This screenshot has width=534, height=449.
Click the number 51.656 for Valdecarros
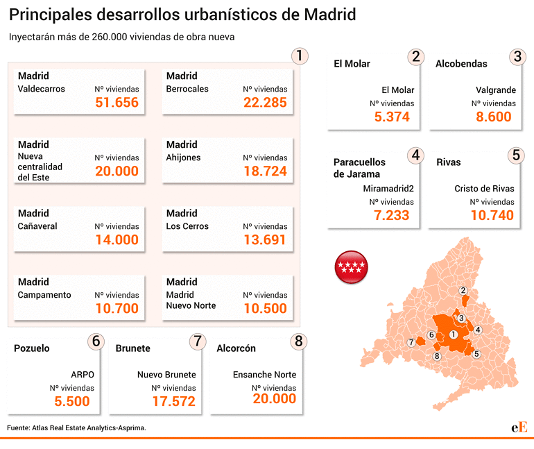click(117, 103)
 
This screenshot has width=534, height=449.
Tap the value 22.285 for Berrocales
click(265, 103)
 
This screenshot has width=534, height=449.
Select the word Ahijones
click(184, 158)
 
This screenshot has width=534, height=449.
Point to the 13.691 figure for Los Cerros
click(265, 240)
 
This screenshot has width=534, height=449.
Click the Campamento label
click(44, 295)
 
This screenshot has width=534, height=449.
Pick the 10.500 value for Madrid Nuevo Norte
click(265, 309)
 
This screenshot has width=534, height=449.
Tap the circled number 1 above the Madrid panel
click(299, 56)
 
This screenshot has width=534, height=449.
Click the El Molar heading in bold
click(352, 64)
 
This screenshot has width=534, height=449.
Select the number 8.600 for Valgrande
click(494, 117)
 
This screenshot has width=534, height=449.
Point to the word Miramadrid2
click(388, 188)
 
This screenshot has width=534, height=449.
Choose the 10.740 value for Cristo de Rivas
click(492, 215)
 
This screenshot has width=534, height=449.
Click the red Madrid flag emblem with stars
click(352, 266)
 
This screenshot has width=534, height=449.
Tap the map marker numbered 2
click(463, 291)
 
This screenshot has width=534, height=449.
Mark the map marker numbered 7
click(412, 342)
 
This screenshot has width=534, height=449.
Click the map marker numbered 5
click(476, 354)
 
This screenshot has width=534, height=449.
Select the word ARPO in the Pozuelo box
click(82, 375)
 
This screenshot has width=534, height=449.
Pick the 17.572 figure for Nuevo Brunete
click(173, 401)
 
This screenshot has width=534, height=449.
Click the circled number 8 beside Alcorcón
click(299, 341)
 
